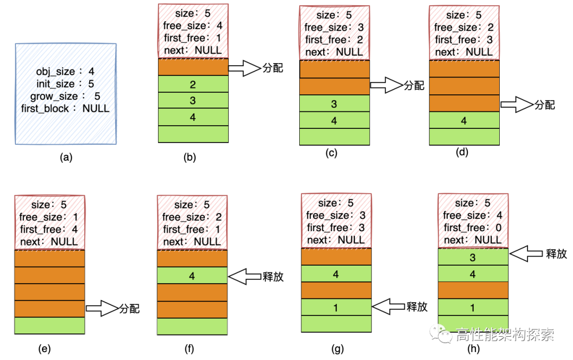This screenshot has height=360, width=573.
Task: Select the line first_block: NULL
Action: click(65, 109)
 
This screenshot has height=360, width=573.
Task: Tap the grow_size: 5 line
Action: click(65, 96)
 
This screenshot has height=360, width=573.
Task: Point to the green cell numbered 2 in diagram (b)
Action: click(193, 84)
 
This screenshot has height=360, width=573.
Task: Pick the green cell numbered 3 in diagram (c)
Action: click(334, 104)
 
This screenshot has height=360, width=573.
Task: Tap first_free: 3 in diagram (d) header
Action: click(464, 40)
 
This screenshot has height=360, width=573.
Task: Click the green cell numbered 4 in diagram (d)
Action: click(464, 120)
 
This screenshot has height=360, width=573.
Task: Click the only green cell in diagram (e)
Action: click(50, 326)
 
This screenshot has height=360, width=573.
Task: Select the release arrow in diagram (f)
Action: click(245, 276)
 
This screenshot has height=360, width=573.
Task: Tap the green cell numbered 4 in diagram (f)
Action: click(193, 276)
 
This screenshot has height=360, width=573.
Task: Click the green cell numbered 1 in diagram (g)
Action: click(336, 307)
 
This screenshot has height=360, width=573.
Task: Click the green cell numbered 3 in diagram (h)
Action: click(473, 258)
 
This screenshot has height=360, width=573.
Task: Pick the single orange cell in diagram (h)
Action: click(473, 291)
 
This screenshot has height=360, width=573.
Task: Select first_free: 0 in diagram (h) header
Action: click(472, 228)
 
